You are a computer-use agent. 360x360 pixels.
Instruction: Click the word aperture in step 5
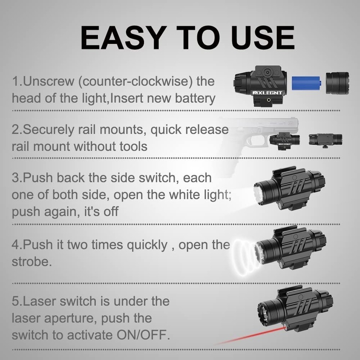click(x=69, y=318)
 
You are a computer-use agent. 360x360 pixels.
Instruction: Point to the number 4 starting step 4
click(x=15, y=245)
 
